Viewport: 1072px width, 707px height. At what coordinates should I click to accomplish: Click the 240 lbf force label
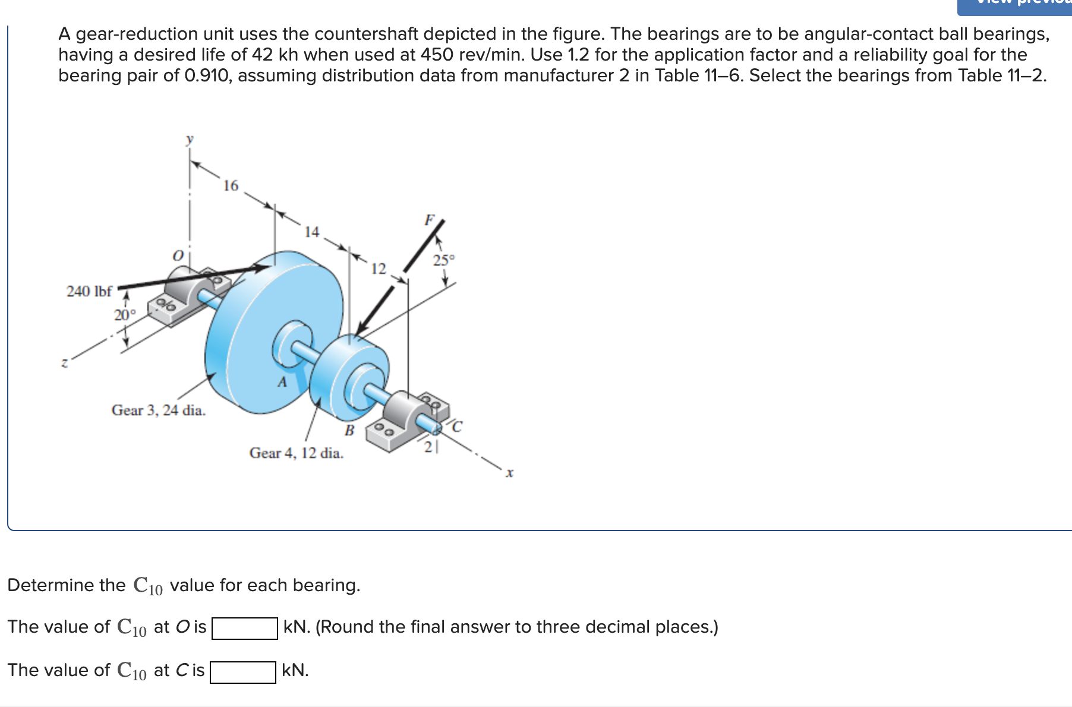click(89, 291)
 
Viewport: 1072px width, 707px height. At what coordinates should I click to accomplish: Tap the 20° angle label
click(125, 315)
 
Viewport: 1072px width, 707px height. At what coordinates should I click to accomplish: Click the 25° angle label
click(443, 260)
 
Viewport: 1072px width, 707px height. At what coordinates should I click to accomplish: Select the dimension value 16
click(231, 186)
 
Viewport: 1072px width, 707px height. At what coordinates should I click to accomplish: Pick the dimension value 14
click(312, 232)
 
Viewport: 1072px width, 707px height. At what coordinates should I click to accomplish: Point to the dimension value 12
click(379, 269)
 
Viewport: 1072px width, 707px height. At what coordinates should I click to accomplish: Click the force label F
click(429, 220)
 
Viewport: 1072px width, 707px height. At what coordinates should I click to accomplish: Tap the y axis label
click(190, 140)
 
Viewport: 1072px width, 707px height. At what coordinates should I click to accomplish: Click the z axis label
click(65, 362)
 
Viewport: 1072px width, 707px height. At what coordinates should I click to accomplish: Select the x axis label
click(509, 473)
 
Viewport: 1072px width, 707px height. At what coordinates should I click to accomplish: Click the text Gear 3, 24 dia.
click(159, 410)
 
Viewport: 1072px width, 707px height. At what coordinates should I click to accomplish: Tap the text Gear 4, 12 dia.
click(297, 453)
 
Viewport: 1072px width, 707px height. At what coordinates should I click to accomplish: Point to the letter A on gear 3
click(282, 382)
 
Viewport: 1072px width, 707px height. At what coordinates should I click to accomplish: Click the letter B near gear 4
click(349, 430)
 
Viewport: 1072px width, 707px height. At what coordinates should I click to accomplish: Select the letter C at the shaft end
click(456, 427)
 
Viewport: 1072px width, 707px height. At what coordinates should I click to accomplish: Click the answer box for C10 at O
click(245, 628)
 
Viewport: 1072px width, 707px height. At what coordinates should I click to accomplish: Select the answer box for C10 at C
click(243, 672)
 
